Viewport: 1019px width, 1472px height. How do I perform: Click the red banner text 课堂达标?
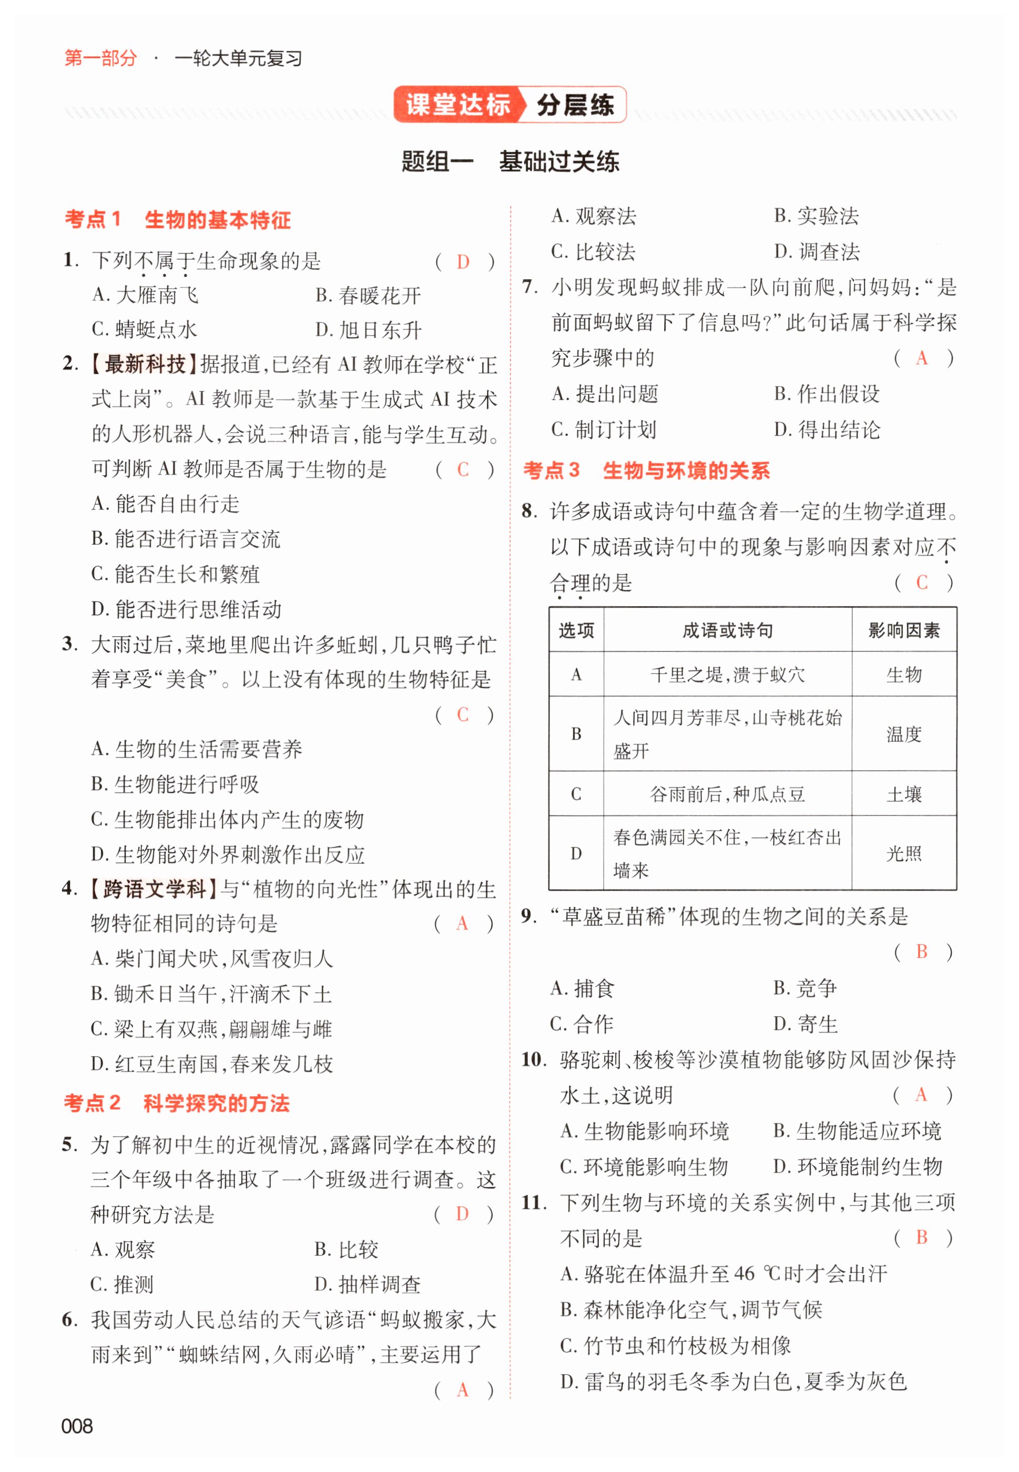[458, 104]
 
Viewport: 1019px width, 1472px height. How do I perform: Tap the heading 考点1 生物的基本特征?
[178, 220]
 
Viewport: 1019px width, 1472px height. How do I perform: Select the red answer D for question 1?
[463, 261]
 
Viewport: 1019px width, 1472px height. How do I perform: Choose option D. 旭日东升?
[369, 330]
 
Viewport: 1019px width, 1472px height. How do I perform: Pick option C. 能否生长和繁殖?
[176, 574]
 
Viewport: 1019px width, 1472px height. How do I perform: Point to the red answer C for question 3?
[463, 714]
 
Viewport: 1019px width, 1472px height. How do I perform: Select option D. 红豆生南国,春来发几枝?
[212, 1064]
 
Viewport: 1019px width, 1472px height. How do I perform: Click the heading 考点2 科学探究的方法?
[176, 1103]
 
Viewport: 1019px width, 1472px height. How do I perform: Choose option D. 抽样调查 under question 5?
[367, 1284]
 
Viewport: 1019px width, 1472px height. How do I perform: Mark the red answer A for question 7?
[921, 358]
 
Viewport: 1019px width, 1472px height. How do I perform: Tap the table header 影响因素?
[903, 631]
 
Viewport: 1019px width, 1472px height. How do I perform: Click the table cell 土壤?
[903, 794]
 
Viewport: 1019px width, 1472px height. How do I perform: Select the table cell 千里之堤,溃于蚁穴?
[727, 674]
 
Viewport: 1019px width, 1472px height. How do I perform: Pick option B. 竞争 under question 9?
[804, 988]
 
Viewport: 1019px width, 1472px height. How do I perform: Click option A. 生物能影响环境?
[644, 1131]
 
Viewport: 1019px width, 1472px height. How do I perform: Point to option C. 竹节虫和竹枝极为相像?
[675, 1346]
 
